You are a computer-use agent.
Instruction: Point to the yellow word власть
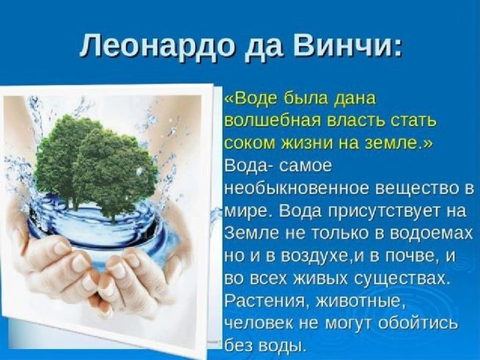pos(360,120)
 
